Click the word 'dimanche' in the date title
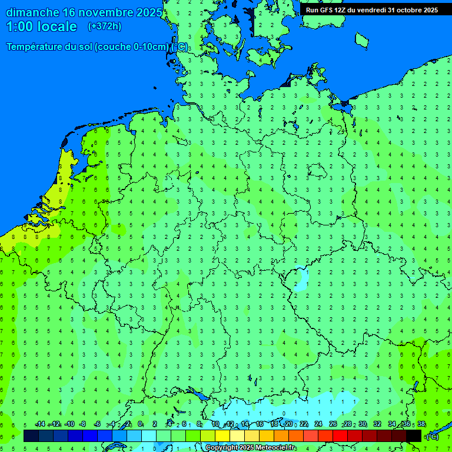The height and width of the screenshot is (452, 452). pos(32,12)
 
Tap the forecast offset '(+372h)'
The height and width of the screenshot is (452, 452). pos(105,26)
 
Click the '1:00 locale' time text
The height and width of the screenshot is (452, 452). pos(41,26)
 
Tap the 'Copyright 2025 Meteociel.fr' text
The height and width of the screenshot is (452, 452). pos(250,448)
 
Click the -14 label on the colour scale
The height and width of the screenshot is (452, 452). pos(40,424)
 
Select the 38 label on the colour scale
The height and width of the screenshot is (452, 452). pos(421,424)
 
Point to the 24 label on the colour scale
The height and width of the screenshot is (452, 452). pos(318,424)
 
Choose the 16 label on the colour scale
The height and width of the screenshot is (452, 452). pos(260,424)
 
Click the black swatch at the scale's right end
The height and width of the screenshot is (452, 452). pos(414,436)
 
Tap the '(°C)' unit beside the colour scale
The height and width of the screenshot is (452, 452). pos(433,436)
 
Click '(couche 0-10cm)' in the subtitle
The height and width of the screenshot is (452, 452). pos(131,47)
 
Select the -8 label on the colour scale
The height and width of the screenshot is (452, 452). pos(83,424)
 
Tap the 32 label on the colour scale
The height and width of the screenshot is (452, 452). pos(377,424)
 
